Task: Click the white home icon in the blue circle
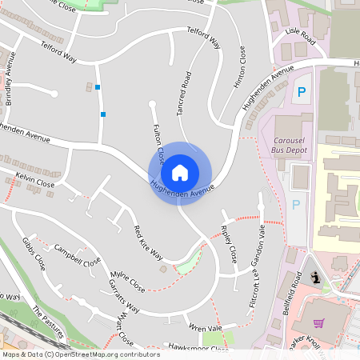tap(180, 172)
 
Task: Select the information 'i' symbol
tap(316, 278)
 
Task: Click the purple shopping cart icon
tap(318, 323)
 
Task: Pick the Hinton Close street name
tap(242, 66)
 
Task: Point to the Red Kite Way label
tap(148, 242)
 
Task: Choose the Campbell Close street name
tap(78, 254)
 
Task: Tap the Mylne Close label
tap(127, 281)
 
